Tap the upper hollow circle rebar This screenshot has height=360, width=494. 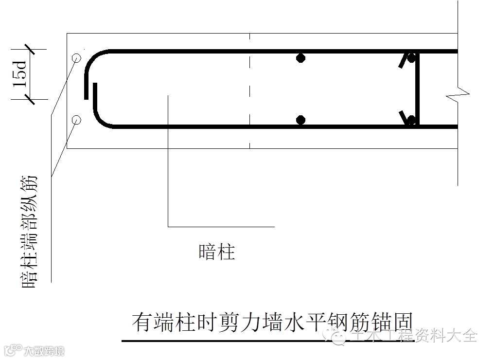[76, 58]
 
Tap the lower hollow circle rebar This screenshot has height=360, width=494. [76, 119]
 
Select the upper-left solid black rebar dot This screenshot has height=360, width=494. [301, 58]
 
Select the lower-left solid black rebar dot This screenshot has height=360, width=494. [301, 120]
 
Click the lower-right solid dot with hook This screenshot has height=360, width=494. [411, 119]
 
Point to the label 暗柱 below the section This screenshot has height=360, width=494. [217, 252]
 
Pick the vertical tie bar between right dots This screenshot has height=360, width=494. [418, 89]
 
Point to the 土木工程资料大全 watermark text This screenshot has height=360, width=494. [413, 336]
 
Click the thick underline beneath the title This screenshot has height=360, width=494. [267, 341]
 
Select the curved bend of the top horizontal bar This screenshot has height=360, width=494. [92, 61]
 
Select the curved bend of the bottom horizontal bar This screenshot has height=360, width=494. [102, 119]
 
